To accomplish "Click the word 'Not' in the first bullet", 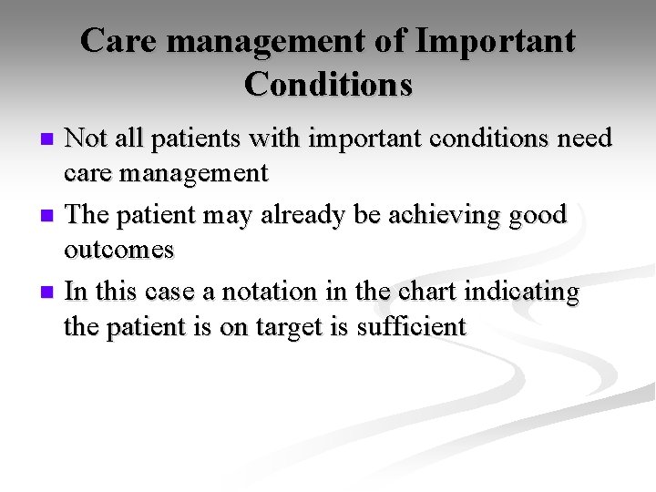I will pos(87,138).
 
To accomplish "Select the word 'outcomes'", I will pos(118,250).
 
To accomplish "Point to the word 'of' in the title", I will pos(389,41).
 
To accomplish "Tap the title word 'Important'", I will pos(496,41).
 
